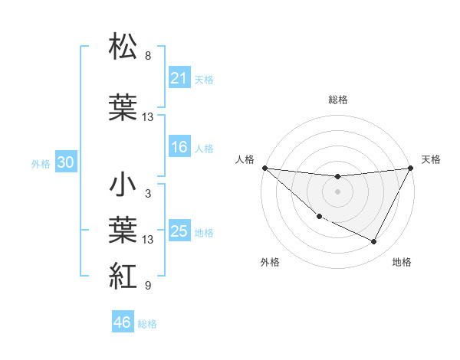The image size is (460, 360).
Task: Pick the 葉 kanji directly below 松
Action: pos(123,107)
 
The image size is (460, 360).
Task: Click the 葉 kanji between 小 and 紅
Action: pos(123,231)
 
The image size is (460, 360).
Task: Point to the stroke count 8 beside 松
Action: pos(148,56)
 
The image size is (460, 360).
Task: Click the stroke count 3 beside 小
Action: pos(148,194)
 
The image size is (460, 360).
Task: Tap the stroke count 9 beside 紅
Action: pos(148,286)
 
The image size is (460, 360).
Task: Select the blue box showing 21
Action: pos(179,77)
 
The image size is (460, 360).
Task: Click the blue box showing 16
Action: pos(179,148)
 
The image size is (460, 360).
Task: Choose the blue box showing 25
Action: pos(179,231)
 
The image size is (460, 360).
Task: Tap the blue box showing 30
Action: pos(65,162)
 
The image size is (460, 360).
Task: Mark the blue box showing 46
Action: pos(123,322)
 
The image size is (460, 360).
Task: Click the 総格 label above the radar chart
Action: pos(338,100)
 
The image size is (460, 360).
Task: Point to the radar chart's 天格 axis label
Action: pos(431,159)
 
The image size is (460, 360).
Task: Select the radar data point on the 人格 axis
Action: pos(264,168)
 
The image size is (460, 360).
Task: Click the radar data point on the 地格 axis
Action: pos(374,242)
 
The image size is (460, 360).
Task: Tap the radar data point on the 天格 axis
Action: pos(411,168)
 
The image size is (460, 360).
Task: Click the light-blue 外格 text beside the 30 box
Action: pos(41,163)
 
